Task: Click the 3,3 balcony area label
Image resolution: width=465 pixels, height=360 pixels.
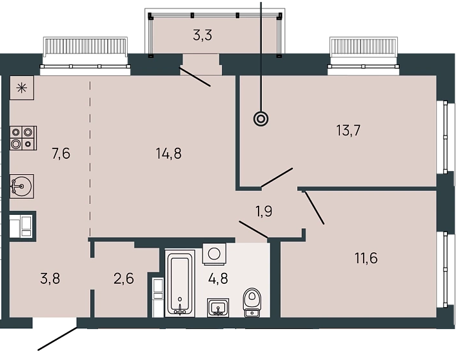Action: tap(203, 35)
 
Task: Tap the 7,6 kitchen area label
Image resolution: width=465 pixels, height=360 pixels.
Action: tap(61, 154)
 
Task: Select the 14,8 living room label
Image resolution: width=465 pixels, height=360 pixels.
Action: tap(168, 154)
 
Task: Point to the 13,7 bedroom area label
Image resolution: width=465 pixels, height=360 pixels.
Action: tap(348, 130)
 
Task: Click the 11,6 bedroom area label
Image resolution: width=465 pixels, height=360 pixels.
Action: tap(366, 257)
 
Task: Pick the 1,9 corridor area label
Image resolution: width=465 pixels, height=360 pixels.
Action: tap(264, 212)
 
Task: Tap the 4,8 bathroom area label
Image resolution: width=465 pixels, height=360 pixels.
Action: tap(218, 279)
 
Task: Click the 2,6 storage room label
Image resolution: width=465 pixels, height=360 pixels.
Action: tap(124, 279)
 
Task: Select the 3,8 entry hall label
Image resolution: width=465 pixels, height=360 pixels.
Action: tap(50, 279)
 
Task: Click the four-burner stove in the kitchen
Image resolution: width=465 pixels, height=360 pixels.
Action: tap(23, 138)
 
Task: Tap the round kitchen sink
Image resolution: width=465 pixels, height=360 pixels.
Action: tap(22, 186)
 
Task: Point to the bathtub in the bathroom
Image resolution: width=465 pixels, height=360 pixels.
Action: tap(180, 283)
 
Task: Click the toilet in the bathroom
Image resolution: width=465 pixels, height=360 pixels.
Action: tap(252, 302)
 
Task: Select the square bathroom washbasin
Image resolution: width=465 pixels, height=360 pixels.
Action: tap(218, 308)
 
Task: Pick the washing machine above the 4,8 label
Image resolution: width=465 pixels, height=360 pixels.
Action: tap(214, 254)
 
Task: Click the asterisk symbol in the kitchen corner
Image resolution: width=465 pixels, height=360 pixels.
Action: tap(22, 88)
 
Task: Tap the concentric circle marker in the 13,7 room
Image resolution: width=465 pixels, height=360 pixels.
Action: tap(261, 119)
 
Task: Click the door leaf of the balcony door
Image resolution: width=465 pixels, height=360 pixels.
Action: tap(195, 77)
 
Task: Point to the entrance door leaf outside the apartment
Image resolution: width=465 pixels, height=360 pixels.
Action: tap(57, 339)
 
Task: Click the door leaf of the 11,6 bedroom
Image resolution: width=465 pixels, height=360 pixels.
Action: tap(314, 208)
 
